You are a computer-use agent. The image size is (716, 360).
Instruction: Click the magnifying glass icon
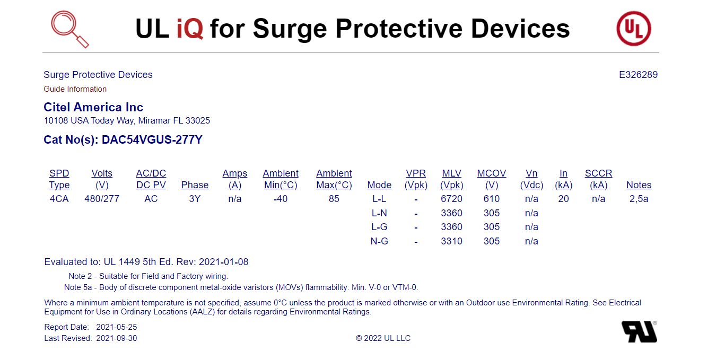click(69, 29)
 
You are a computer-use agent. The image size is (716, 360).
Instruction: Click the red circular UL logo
click(634, 29)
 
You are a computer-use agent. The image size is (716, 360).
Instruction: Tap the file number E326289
click(638, 75)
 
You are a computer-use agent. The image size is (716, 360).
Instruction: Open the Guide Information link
click(75, 89)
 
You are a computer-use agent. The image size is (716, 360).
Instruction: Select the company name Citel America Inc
click(93, 107)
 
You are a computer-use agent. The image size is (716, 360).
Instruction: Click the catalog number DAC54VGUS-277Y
click(152, 139)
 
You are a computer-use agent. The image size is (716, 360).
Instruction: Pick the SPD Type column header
click(59, 179)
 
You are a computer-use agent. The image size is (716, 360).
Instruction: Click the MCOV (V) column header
click(491, 179)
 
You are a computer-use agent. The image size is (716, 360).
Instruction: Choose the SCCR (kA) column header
click(598, 179)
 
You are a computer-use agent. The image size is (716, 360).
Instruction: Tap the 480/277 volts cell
click(102, 199)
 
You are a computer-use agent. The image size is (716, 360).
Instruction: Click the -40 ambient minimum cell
click(281, 199)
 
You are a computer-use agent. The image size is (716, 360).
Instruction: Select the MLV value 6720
click(451, 199)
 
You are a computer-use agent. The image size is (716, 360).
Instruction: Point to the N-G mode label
click(379, 241)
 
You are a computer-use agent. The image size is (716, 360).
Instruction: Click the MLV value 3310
click(451, 241)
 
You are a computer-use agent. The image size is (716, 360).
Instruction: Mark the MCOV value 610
click(491, 199)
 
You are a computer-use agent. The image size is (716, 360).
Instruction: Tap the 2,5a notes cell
click(639, 199)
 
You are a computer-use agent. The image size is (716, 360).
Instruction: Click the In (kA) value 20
click(563, 199)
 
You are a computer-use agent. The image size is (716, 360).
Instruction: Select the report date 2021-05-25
click(116, 327)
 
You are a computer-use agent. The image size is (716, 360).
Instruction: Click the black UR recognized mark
click(639, 331)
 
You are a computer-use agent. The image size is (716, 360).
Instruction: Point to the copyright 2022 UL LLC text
click(383, 338)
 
